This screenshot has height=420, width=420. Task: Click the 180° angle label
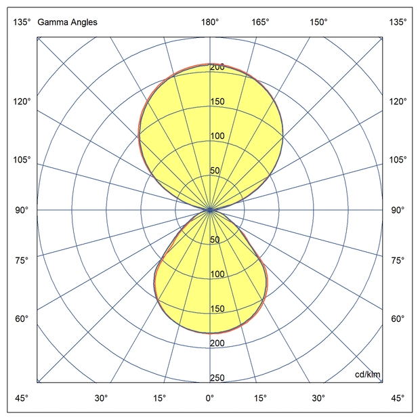pyautogui.click(x=210, y=22)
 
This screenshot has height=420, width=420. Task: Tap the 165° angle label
pyautogui.click(x=261, y=22)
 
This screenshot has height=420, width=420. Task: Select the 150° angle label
pyautogui.click(x=319, y=22)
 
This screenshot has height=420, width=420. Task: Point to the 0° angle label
pyautogui.click(x=210, y=398)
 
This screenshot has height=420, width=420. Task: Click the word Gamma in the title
pyautogui.click(x=51, y=22)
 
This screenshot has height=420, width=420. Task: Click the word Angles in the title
pyautogui.click(x=82, y=22)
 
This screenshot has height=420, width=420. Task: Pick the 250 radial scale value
pyautogui.click(x=217, y=378)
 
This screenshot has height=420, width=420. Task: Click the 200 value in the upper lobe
pyautogui.click(x=217, y=67)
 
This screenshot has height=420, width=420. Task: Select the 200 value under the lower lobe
pyautogui.click(x=217, y=343)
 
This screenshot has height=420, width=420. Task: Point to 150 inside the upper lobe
pyautogui.click(x=217, y=102)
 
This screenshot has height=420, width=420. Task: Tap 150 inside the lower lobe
pyautogui.click(x=217, y=309)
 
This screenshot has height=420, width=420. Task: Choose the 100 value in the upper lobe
pyautogui.click(x=217, y=136)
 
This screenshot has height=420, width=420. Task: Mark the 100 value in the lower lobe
pyautogui.click(x=217, y=274)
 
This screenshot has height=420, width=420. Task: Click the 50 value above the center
pyautogui.click(x=215, y=171)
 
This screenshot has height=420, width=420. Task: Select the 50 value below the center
pyautogui.click(x=215, y=240)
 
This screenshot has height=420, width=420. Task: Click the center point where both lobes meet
pyautogui.click(x=210, y=210)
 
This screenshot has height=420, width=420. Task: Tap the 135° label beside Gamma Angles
pyautogui.click(x=22, y=22)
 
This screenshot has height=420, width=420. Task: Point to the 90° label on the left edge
pyautogui.click(x=22, y=210)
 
